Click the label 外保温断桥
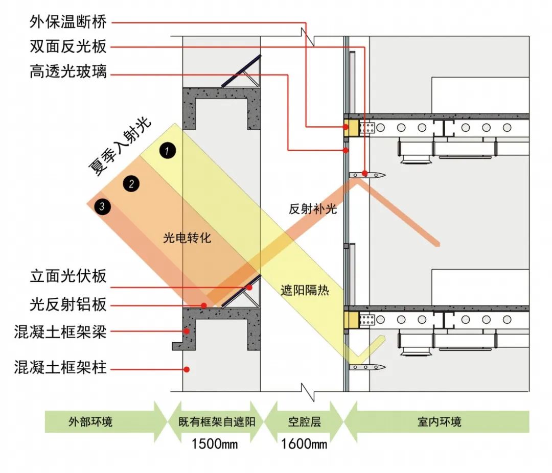point(68,22)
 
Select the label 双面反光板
point(68,47)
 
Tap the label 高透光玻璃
point(68,72)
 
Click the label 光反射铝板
point(68,305)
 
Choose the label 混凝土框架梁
point(61,333)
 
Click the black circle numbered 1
point(167,150)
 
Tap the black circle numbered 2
point(131,184)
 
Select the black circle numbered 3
point(102,206)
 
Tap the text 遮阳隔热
point(305,291)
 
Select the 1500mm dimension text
point(215,443)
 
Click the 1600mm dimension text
point(304,443)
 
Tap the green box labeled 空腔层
point(304,422)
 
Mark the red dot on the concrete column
point(187,369)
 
